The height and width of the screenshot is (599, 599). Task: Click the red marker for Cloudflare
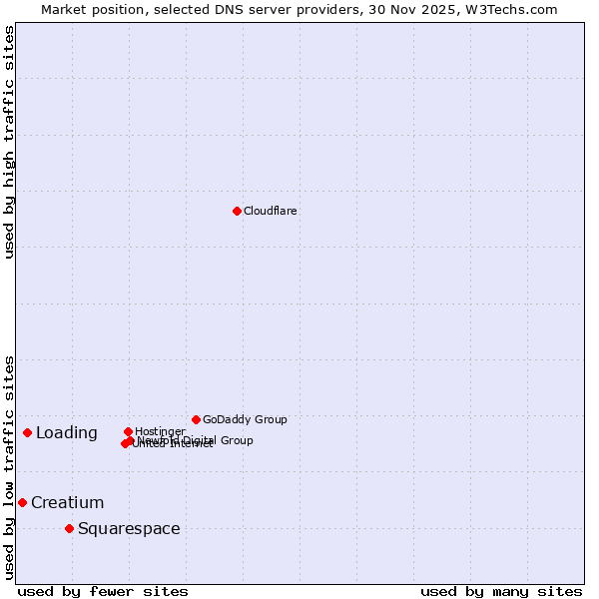pos(237,211)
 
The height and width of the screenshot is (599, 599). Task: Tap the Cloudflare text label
pos(271,211)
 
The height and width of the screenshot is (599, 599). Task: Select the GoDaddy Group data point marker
pos(196,419)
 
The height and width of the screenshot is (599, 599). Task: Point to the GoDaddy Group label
pos(245,419)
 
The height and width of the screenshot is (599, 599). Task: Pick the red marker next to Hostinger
pos(128,431)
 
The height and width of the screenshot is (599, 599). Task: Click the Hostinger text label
pos(160,431)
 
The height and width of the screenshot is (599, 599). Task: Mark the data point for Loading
pos(27,432)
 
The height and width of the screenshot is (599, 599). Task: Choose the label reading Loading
pos(67,432)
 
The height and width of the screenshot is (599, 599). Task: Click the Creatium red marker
pos(22,502)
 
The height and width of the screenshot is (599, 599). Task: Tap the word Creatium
pos(67,502)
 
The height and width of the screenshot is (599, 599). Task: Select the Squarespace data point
pos(69,528)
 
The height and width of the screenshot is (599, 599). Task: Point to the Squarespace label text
pos(129,528)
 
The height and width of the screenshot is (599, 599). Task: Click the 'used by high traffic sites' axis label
pos(9,142)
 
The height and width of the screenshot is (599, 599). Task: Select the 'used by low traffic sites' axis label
pos(9,466)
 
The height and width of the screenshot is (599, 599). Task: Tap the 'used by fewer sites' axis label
pos(103,591)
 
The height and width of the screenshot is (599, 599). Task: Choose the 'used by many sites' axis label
pos(501,591)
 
